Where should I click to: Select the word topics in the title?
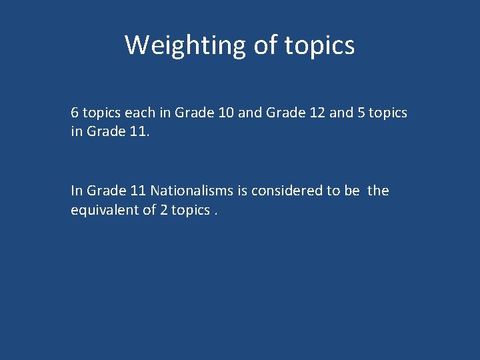[320, 45]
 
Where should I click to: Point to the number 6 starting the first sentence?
[75, 113]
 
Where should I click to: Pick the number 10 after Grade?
[225, 113]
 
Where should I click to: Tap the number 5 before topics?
[361, 113]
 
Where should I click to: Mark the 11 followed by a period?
[138, 132]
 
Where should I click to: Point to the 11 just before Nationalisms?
[138, 191]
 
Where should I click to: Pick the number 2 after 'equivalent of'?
[164, 210]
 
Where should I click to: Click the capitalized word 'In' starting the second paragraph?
[76, 191]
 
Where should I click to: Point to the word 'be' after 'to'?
[351, 191]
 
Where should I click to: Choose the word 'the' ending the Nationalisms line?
[378, 191]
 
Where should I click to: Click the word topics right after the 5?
[388, 113]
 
